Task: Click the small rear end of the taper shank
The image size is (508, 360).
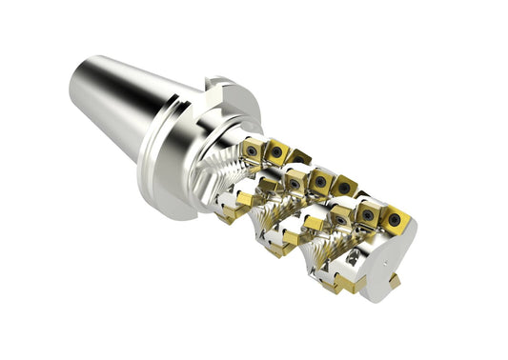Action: tap(78, 85)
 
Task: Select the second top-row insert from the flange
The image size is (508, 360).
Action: tap(277, 151)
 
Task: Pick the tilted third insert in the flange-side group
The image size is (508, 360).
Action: tap(299, 156)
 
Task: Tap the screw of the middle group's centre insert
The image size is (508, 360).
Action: tap(320, 181)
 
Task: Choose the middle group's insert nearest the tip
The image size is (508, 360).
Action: tap(343, 185)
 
